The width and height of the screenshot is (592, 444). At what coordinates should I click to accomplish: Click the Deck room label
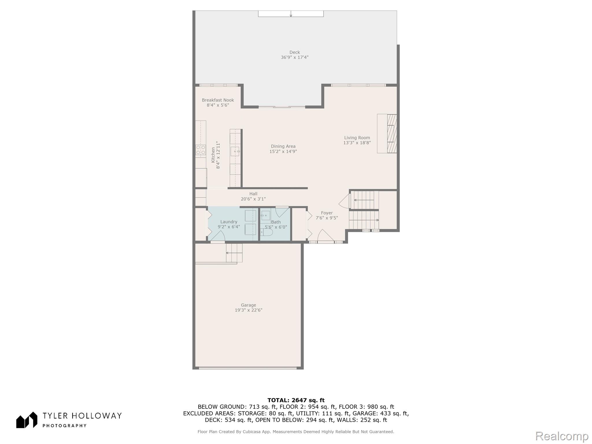[295, 52]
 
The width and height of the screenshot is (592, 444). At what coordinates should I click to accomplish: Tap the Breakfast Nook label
[218, 100]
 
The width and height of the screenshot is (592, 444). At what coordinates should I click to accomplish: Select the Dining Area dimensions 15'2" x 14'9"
[283, 151]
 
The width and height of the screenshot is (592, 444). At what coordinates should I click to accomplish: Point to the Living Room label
[357, 138]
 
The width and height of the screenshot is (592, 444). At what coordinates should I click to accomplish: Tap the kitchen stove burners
[201, 150]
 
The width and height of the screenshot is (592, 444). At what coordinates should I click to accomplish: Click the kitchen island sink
[235, 151]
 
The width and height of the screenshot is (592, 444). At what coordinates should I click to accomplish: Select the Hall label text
[253, 194]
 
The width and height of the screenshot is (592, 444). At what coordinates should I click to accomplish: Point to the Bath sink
[265, 216]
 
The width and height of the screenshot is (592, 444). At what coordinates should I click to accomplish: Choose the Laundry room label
[229, 222]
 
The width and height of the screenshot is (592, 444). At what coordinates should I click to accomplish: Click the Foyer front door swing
[326, 235]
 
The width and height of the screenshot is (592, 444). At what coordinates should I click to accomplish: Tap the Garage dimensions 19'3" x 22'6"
[249, 310]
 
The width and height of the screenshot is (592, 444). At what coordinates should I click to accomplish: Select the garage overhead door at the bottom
[248, 368]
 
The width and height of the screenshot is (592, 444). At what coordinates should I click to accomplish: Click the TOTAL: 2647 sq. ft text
[296, 400]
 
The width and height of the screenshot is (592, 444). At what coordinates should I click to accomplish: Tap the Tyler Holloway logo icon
[27, 420]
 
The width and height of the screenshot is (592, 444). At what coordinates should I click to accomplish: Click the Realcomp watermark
[562, 436]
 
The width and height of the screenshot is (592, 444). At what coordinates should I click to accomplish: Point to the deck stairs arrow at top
[291, 14]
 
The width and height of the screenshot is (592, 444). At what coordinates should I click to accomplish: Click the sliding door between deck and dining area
[282, 107]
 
